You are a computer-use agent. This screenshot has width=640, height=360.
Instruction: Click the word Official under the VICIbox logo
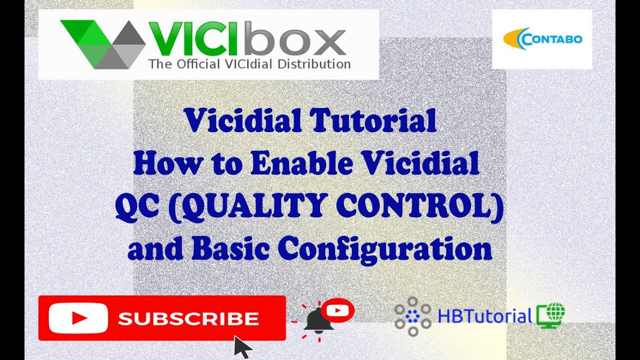tap(193, 64)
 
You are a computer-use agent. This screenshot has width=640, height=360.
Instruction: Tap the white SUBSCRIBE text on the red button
tap(188, 318)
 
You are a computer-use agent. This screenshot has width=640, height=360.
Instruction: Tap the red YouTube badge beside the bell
tap(338, 310)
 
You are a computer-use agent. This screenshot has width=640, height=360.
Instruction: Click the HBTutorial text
tap(484, 316)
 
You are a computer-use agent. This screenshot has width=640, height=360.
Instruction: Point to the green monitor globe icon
tap(550, 315)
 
